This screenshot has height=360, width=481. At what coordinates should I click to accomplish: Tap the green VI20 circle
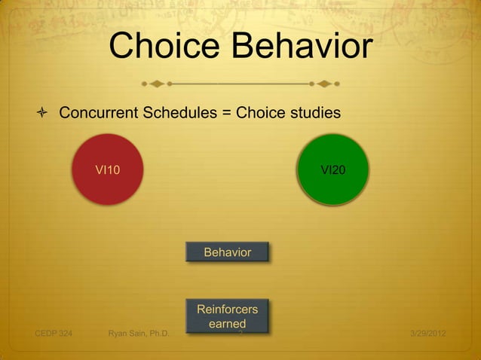(334, 169)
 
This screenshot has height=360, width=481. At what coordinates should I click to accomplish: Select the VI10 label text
(107, 170)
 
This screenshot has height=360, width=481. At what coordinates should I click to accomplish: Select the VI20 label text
(334, 170)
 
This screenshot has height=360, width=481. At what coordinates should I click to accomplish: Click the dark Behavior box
(227, 252)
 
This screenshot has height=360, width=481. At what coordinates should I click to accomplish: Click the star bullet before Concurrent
(43, 114)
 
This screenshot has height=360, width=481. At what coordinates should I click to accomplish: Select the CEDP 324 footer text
(54, 333)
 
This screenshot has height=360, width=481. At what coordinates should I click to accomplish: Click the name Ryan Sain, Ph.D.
(139, 333)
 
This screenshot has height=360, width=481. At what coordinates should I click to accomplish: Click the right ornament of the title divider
(325, 82)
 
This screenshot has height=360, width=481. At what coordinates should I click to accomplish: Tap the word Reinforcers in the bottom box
(227, 310)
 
